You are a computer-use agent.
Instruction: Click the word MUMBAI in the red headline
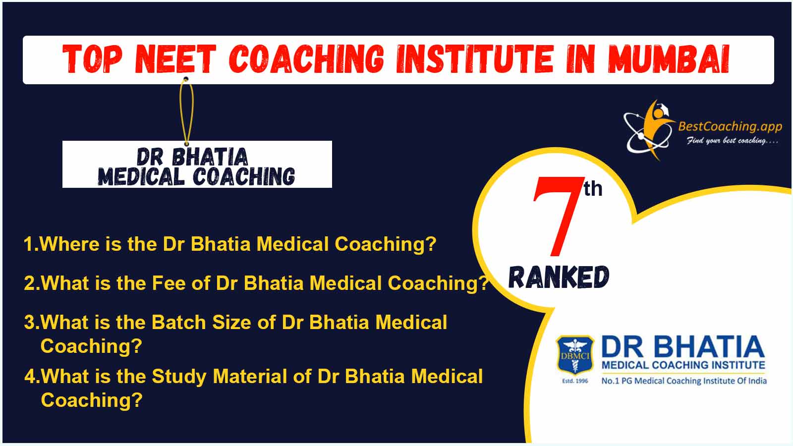(x=669, y=59)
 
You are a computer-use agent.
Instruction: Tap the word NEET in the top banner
(x=175, y=59)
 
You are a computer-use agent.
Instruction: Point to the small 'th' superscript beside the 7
(x=593, y=189)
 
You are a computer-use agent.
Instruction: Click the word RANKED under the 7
(x=559, y=277)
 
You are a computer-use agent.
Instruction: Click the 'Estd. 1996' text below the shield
(x=575, y=381)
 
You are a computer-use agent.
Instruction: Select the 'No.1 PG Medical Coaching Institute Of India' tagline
(x=684, y=381)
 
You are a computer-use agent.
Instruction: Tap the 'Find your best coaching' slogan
(x=733, y=141)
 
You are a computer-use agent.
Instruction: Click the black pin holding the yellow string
(x=186, y=79)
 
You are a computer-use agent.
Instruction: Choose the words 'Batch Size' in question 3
(x=201, y=323)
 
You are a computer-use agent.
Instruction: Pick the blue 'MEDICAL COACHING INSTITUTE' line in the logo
(x=683, y=365)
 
